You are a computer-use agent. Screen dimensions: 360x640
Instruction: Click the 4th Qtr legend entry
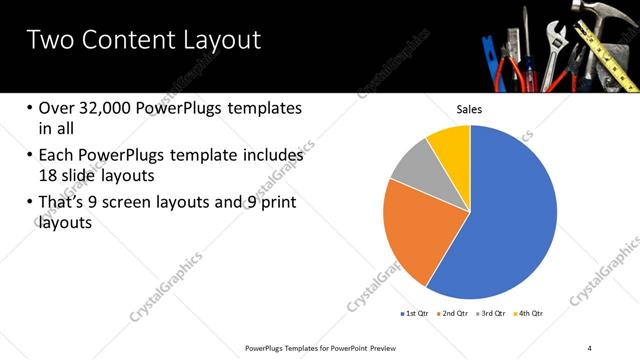[530, 314]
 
